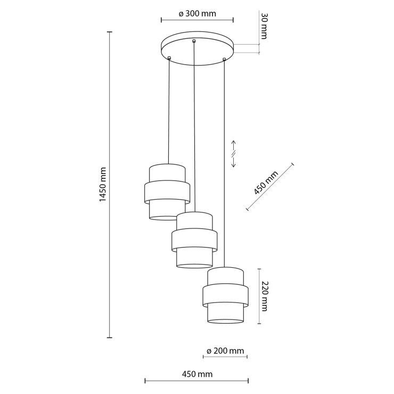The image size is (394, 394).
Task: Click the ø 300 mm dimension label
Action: pos(197,13)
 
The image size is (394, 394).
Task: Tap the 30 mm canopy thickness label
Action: pos(264,26)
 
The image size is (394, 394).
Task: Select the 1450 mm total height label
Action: pos(103,184)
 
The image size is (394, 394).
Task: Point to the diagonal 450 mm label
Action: pos(266,183)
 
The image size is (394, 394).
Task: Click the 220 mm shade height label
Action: pos(264,297)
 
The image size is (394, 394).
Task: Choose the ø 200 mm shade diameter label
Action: pos(225,351)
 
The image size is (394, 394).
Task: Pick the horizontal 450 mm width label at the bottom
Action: pos(197,374)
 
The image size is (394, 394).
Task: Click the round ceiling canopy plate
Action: pos(197,48)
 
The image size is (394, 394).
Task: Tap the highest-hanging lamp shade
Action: pos(167,192)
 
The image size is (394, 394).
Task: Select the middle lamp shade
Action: pos(194,240)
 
